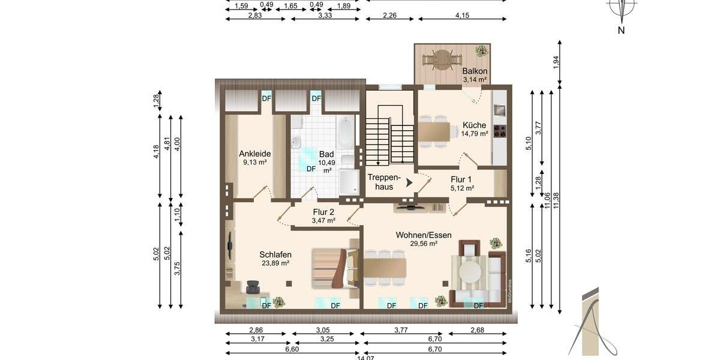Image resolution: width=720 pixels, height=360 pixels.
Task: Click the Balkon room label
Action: (474, 70)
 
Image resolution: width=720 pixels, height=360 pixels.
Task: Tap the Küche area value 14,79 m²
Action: (474, 134)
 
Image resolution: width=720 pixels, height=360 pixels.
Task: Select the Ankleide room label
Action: (255, 153)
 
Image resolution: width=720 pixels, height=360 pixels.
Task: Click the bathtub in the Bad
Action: (346, 133)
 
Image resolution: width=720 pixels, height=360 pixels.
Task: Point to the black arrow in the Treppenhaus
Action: (409, 182)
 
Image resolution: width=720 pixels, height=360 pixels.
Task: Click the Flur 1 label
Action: (461, 179)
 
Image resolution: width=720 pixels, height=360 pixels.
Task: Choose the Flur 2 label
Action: (323, 212)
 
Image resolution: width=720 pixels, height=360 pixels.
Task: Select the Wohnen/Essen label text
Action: (423, 235)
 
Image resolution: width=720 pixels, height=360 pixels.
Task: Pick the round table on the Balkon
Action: (443, 59)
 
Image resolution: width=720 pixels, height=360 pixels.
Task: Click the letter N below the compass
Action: (622, 31)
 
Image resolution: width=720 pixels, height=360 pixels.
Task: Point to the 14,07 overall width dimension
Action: (366, 358)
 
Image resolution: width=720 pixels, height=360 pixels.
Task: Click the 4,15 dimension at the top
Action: (462, 15)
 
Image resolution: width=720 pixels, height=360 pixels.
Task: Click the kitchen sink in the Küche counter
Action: (500, 111)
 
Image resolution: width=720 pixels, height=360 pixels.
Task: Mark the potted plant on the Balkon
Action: (481, 51)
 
